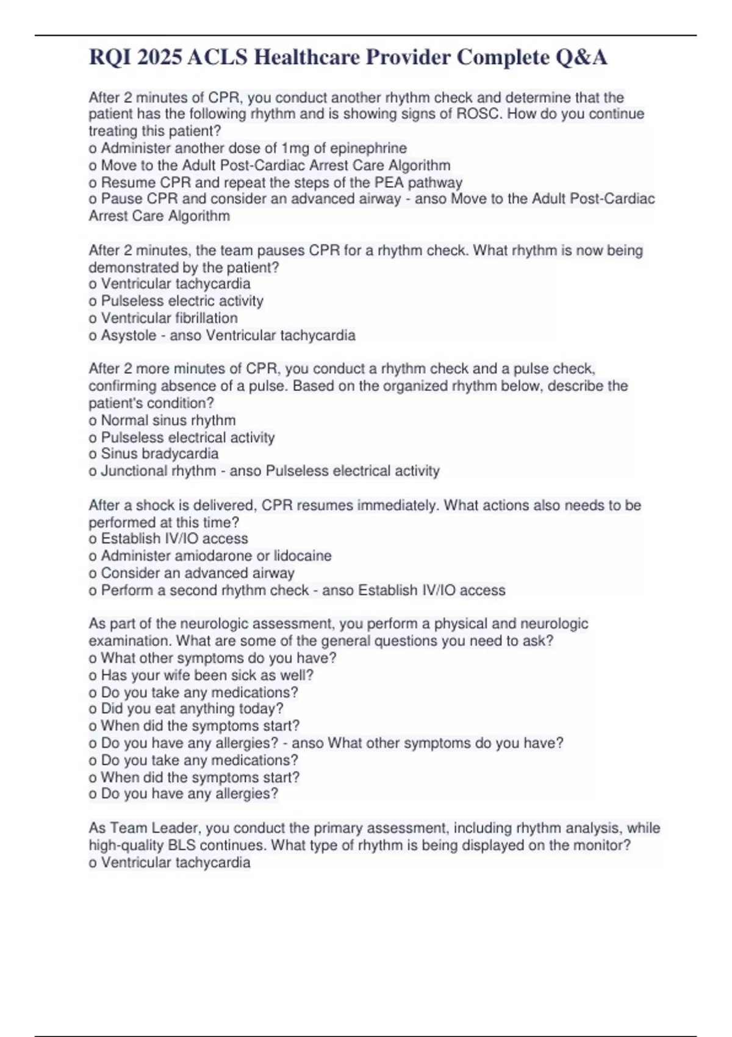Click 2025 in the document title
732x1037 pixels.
point(160,57)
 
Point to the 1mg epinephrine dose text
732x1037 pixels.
point(295,148)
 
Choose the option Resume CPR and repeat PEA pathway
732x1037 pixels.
point(281,182)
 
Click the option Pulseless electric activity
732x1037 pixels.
point(182,301)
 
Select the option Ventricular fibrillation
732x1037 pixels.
point(169,318)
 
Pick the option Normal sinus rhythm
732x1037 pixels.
point(168,420)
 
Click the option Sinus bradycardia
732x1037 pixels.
point(159,454)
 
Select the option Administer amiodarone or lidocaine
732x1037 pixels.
point(216,556)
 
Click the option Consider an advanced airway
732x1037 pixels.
point(197,573)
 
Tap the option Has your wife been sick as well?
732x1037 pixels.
point(207,675)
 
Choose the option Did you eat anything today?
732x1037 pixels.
point(192,709)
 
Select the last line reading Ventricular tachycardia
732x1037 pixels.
point(175,863)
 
